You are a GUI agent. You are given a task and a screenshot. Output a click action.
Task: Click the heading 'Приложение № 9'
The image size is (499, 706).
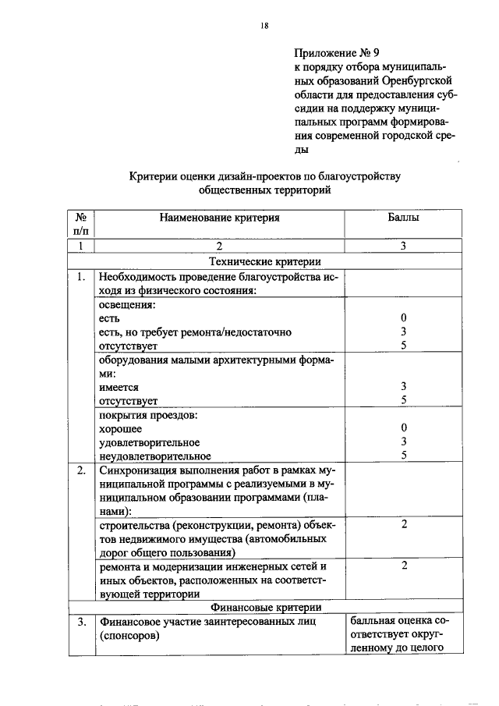[336, 54]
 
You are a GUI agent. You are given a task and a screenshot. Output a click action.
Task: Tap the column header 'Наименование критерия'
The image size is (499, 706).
[219, 218]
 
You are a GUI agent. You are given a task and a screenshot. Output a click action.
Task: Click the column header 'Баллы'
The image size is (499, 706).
[403, 218]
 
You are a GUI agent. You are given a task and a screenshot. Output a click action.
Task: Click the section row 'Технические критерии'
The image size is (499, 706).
[266, 261]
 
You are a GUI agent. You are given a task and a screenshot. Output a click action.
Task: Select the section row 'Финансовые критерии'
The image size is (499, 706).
[266, 607]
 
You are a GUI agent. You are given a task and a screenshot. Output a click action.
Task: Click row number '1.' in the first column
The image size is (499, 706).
[81, 276]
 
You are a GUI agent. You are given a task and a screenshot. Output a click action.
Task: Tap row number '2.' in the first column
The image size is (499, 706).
[81, 470]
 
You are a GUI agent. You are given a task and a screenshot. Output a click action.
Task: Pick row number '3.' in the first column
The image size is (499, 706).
[81, 623]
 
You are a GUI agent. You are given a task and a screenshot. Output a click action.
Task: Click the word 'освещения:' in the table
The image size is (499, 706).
[122, 305]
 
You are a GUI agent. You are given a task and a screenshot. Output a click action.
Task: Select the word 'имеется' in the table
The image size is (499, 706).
[118, 386]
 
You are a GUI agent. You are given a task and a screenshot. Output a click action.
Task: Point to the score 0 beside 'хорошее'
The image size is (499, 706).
[403, 428]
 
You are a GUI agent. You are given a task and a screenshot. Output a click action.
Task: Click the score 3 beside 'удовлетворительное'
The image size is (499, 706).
[403, 442]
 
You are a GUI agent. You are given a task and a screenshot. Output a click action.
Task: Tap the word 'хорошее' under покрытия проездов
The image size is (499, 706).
[120, 428]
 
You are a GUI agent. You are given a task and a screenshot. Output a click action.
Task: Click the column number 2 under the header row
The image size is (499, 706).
[219, 247]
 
